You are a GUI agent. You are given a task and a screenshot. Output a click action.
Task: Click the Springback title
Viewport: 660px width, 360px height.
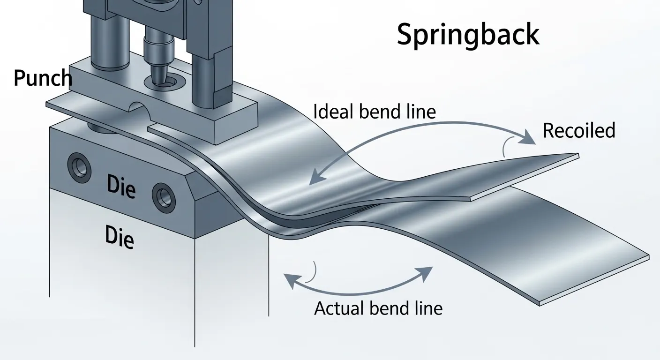tap(468, 35)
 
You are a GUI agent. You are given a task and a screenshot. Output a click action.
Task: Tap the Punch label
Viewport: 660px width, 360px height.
tap(43, 78)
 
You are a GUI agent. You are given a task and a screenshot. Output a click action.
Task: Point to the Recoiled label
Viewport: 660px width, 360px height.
tap(578, 130)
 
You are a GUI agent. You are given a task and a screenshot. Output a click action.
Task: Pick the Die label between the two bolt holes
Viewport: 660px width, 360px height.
tap(121, 187)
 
